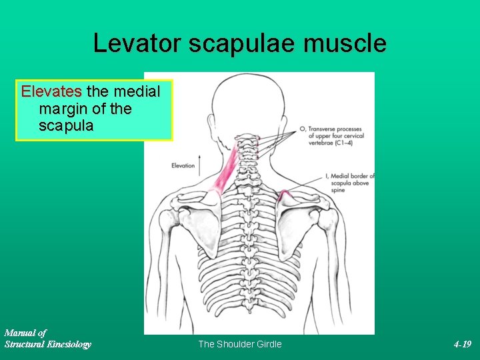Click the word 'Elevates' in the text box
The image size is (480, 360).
(51, 91)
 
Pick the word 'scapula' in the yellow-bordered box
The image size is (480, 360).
(65, 125)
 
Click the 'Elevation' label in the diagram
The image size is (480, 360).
(183, 165)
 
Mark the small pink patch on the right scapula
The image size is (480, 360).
(285, 195)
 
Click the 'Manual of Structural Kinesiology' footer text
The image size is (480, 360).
(47, 338)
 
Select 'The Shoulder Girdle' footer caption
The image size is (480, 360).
(240, 344)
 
